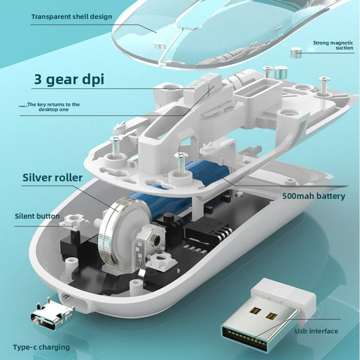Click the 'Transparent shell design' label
click(x=72, y=17)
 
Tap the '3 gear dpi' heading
click(x=69, y=79)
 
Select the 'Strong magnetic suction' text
click(x=333, y=45)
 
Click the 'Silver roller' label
click(x=52, y=177)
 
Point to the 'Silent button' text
click(x=37, y=216)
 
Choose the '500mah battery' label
click(x=314, y=196)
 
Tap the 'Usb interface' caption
click(x=316, y=331)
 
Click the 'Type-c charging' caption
click(x=41, y=347)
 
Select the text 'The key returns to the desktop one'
click(x=54, y=107)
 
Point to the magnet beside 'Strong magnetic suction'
click(x=296, y=53)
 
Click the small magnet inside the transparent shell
click(x=160, y=45)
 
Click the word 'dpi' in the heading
click(x=93, y=79)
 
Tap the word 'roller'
click(x=68, y=177)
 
